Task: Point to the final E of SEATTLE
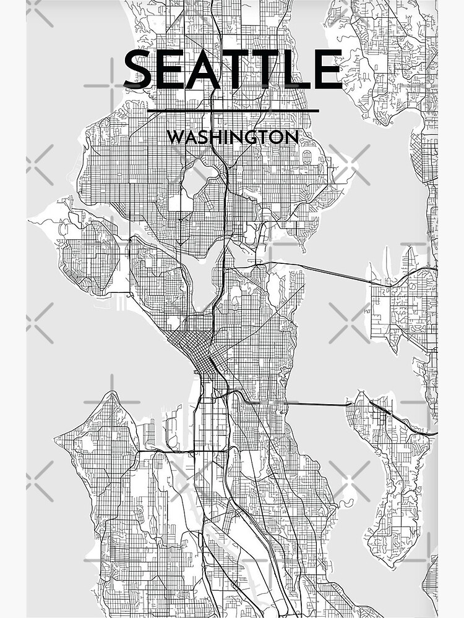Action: coord(326,70)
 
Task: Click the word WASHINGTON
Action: coord(233,137)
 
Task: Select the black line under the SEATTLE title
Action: coord(233,111)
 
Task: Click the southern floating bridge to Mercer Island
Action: coord(316,405)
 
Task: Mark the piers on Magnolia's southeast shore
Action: coord(124,303)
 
